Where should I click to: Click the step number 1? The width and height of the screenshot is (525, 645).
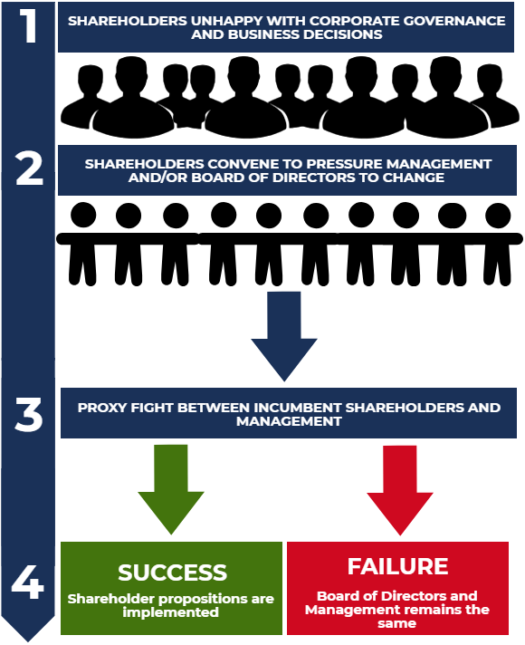[29, 26]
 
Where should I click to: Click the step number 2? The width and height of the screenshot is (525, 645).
[29, 169]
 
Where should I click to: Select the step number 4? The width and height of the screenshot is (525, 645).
[28, 583]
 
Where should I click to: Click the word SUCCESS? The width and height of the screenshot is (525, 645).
[172, 573]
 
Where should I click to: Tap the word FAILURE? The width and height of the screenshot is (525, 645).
[398, 567]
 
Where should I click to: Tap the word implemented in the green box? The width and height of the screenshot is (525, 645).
[172, 612]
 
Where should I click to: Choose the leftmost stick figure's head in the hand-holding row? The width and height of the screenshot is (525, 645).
[82, 216]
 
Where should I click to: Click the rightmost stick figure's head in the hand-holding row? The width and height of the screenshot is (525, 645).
[498, 216]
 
